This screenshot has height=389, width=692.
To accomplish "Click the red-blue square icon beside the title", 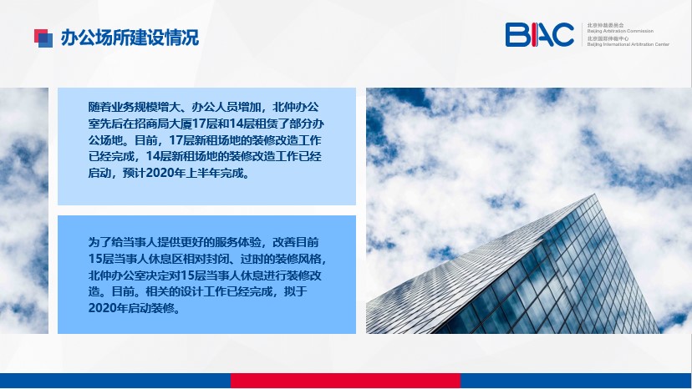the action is click(43, 38).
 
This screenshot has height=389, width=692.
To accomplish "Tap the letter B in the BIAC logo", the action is click(516, 35).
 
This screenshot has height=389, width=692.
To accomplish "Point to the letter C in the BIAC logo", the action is click(562, 35).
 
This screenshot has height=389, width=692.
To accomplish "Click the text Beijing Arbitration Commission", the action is click(620, 31).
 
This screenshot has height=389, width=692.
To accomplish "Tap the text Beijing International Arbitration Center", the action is click(628, 44).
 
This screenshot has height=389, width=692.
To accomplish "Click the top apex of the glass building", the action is click(595, 194).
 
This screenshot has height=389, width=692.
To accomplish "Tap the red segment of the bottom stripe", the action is click(345, 381).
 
